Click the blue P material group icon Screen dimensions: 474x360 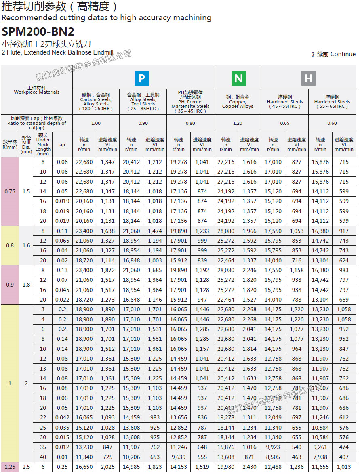141,78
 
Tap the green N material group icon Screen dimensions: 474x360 238,78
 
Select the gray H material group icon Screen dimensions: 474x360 308,78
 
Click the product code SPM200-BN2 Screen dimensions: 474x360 38,32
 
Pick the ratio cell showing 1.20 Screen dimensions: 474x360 238,123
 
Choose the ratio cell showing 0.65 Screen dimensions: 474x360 285,123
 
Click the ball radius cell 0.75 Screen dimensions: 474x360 10,191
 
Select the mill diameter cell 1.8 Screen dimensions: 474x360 26,285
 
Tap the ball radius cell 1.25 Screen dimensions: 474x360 10,467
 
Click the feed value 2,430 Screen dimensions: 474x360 249,467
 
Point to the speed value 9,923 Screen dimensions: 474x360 273,447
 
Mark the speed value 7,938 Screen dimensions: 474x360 320,457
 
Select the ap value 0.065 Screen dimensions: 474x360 62,241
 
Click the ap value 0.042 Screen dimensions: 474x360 62,418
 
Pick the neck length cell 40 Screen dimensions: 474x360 43,457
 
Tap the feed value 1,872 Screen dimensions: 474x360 108,270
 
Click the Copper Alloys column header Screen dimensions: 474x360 238,101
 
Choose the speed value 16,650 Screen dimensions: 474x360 84,467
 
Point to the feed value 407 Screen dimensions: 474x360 344,457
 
